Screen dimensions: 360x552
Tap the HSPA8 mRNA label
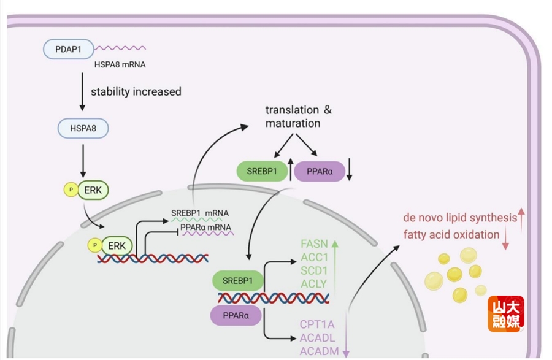click(120, 63)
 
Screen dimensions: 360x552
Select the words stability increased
click(136, 92)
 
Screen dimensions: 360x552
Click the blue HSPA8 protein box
click(82, 129)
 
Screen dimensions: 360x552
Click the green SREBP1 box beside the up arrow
click(262, 171)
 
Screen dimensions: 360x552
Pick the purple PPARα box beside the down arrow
click(319, 171)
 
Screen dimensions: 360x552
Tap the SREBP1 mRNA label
click(200, 213)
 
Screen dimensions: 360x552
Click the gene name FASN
click(313, 243)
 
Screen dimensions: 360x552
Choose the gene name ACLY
click(313, 283)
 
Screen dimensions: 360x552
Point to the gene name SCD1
click(313, 270)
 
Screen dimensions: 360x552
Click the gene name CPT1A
click(316, 324)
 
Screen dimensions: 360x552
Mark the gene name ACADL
click(317, 338)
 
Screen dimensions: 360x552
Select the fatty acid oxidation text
click(451, 234)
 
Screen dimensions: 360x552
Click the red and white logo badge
click(506, 313)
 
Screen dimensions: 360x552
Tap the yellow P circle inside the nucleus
click(94, 245)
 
